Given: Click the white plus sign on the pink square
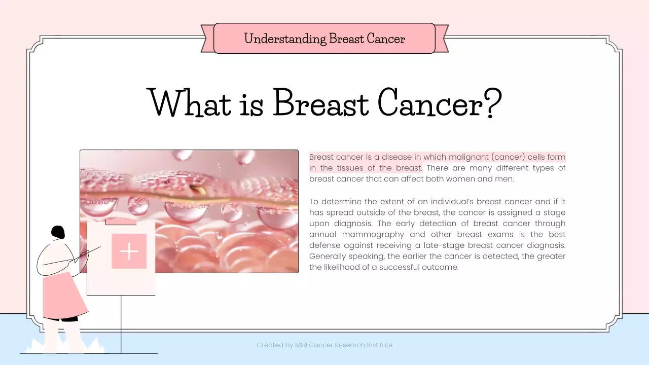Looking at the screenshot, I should [129, 251].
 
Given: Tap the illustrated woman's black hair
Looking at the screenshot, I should [58, 233].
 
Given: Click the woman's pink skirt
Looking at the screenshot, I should [63, 297].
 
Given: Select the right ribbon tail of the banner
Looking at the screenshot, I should [442, 39].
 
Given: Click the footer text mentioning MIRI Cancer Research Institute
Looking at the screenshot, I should [324, 345].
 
